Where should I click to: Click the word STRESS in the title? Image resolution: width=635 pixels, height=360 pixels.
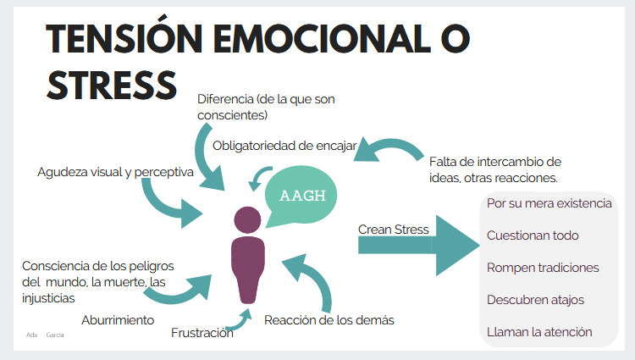coord(111,85)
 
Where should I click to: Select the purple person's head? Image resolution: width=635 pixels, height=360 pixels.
coord(247,219)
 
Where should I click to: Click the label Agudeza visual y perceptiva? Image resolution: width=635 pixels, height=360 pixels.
coord(115,172)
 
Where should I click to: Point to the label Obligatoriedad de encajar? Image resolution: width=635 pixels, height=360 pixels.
coord(284,146)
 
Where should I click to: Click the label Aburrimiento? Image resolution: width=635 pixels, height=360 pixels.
coord(118,320)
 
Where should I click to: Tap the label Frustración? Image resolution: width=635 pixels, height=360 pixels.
coord(202,333)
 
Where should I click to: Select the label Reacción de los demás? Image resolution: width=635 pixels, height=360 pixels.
coord(329,319)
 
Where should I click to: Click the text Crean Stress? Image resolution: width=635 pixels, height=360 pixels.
coord(393,229)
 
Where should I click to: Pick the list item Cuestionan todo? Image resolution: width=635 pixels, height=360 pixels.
coord(533,235)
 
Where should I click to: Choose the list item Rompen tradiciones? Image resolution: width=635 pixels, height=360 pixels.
coord(543,268)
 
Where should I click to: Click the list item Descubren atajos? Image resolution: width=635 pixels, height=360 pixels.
coord(535,300)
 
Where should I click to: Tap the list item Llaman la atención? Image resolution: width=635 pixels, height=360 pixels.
coord(539,332)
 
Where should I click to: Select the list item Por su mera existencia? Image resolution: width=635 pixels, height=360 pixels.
coord(548,203)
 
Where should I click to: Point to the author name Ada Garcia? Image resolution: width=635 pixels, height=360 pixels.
coord(45,335)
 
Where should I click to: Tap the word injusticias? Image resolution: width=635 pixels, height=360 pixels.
coord(48,298)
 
